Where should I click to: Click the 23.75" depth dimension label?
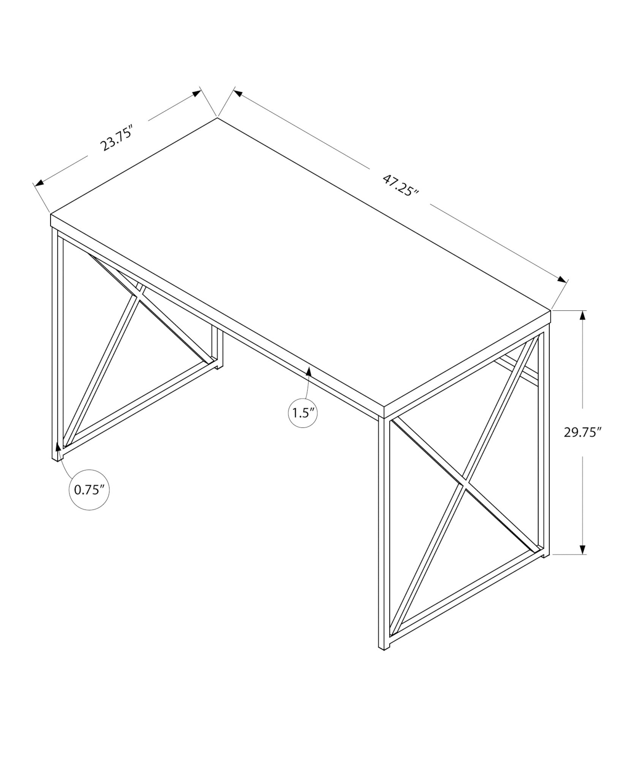[116, 140]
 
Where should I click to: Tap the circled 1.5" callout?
[303, 413]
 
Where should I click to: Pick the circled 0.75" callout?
[89, 490]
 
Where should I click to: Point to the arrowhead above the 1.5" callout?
[309, 371]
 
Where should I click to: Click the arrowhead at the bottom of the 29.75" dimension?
[582, 549]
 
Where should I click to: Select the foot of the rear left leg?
[220, 367]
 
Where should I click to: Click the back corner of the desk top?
[217, 118]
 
